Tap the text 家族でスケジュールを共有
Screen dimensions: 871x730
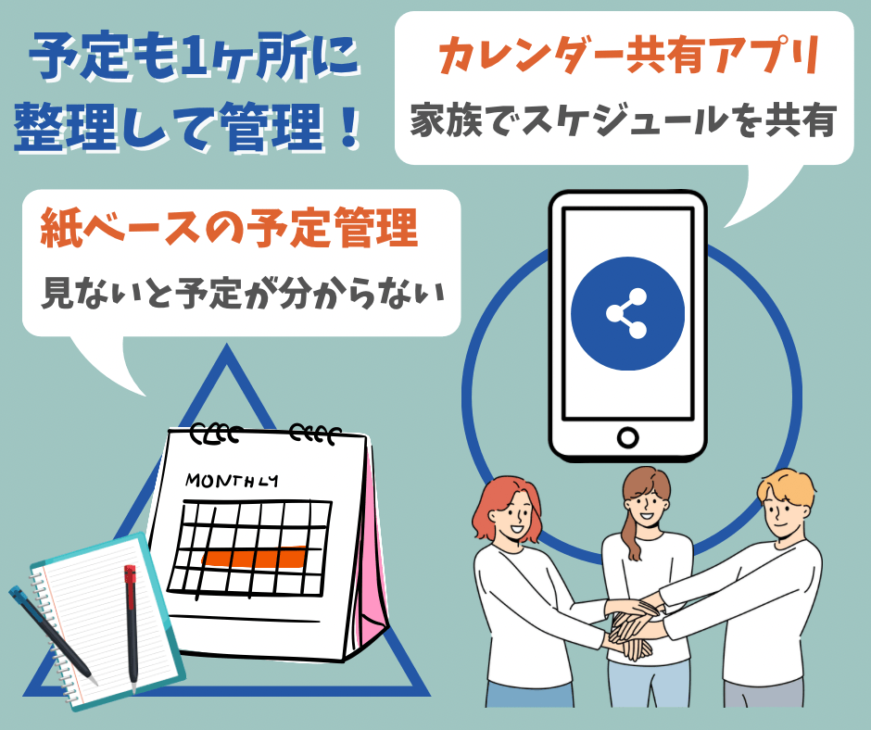(x=624, y=120)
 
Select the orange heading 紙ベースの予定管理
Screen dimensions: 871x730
(x=229, y=228)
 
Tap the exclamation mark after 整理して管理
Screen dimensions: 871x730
(x=349, y=129)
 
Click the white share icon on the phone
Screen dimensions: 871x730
(x=627, y=313)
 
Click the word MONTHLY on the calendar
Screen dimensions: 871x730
(x=232, y=481)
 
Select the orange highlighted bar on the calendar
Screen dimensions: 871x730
(x=254, y=557)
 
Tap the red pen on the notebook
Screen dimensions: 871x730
(x=131, y=628)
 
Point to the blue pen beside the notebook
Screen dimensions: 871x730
(x=53, y=635)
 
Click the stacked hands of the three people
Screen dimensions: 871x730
(x=633, y=626)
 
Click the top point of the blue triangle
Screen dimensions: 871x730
(x=226, y=345)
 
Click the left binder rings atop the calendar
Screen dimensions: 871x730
(x=216, y=434)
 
